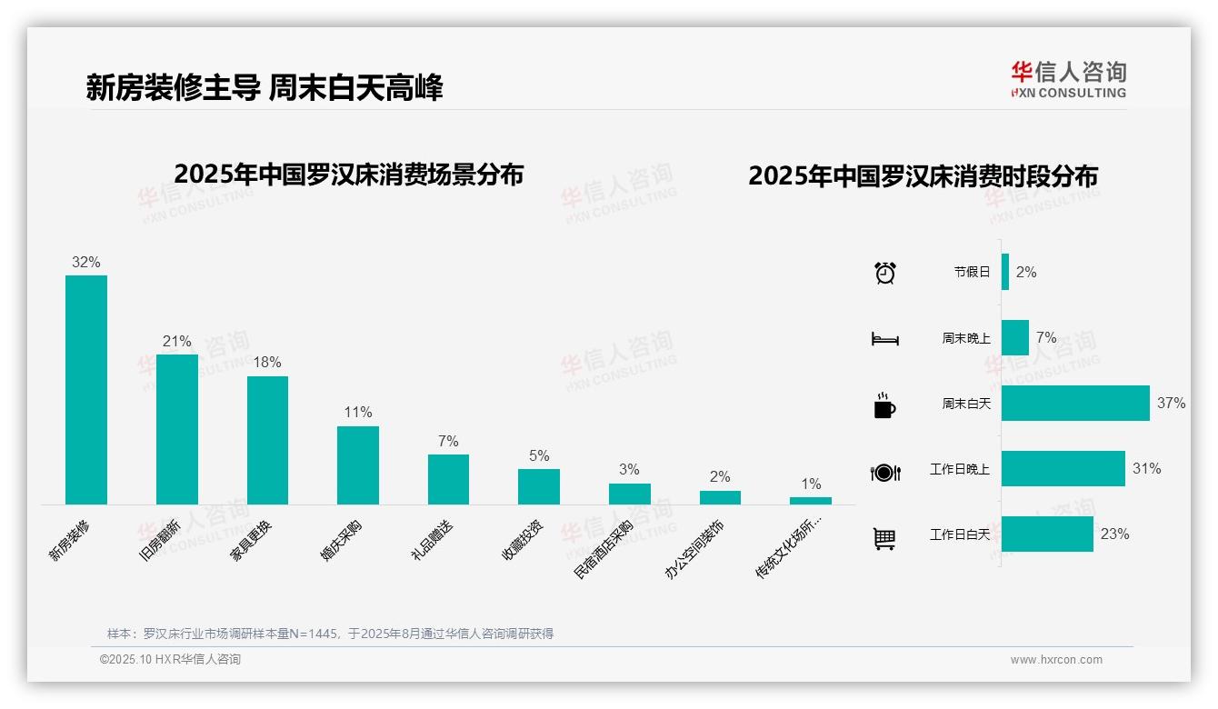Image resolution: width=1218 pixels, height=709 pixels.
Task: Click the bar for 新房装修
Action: (x=86, y=390)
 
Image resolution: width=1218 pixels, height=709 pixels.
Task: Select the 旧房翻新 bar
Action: (x=176, y=429)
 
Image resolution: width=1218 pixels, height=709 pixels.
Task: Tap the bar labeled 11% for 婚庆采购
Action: (x=358, y=465)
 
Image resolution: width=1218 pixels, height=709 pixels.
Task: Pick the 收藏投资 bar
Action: (x=539, y=486)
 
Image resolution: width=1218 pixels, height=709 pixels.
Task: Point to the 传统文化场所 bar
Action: (x=811, y=500)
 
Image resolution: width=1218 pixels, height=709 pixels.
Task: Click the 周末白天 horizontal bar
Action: (x=1075, y=404)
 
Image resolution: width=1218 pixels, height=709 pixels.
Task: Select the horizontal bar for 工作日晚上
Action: (x=1063, y=469)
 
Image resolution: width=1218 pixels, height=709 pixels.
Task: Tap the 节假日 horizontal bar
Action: (x=1005, y=272)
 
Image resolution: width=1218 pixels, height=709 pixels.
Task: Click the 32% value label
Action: (x=86, y=263)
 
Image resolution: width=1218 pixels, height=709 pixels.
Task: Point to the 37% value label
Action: (x=1172, y=403)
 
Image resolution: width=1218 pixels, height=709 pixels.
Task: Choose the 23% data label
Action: (x=1114, y=534)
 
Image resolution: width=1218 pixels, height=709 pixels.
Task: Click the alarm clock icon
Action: (x=885, y=273)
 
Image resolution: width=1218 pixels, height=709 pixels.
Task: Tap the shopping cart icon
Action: (x=884, y=539)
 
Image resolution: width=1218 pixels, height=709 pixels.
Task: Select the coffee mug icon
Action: (x=884, y=405)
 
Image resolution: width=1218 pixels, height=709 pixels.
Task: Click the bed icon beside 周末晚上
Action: (x=884, y=339)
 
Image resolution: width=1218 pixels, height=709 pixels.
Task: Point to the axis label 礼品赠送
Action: (x=433, y=539)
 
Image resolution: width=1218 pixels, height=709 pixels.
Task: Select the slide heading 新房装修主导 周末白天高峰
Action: (x=265, y=88)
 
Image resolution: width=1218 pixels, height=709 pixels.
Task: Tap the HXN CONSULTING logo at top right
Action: (x=1068, y=80)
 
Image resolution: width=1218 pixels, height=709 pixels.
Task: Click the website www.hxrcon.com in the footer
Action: (x=1056, y=660)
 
